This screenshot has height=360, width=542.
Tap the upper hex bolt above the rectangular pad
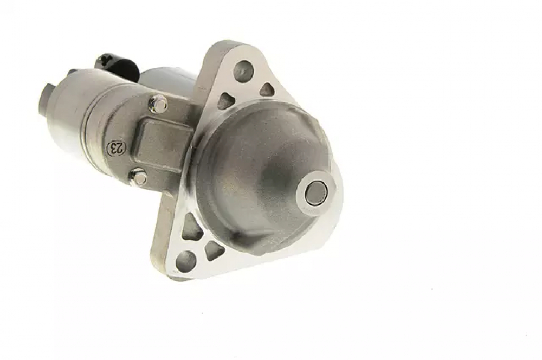click(158, 104)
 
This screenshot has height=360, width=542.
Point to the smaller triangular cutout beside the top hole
click(267, 89)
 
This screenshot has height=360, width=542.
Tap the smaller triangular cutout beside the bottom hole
click(214, 250)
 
